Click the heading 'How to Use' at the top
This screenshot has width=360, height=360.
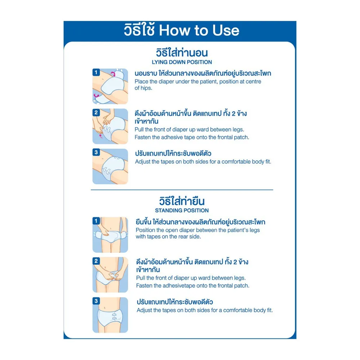pos(199,30)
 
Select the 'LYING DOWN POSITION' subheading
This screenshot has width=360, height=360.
pos(182,62)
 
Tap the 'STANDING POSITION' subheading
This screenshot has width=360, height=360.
pos(182,211)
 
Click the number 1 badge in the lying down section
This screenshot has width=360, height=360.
pos(96,73)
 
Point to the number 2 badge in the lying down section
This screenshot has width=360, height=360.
pos(96,112)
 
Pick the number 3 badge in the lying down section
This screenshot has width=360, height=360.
pos(96,152)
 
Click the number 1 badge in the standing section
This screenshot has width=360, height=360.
pos(96,221)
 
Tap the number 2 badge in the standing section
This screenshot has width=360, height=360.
pos(96,261)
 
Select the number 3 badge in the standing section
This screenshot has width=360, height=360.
pos(96,301)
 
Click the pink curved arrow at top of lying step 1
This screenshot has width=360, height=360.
pos(113,73)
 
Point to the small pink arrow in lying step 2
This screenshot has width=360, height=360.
pos(100,136)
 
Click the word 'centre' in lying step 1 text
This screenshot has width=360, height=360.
pos(253,82)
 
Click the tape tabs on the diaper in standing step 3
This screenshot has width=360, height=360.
pos(114,316)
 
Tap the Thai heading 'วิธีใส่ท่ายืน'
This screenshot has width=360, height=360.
pos(182,201)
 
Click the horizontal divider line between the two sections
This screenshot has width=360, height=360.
pos(182,190)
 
